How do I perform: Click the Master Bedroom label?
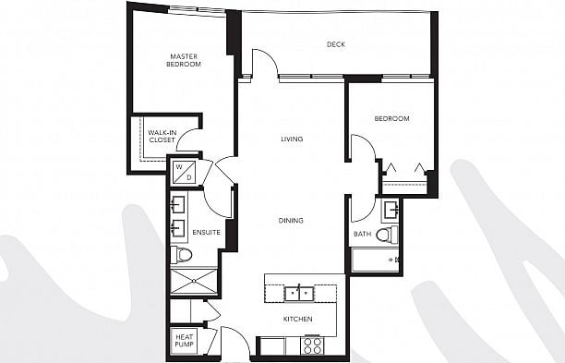pos(184,60)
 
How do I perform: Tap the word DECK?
pos(336,44)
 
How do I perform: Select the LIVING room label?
pos(292,139)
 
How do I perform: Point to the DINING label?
pos(291,220)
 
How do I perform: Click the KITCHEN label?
pos(297,319)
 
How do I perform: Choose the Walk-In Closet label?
pos(162,137)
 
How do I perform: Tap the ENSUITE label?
pos(206,233)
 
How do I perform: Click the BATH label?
pos(362,234)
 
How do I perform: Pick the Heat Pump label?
pos(184,341)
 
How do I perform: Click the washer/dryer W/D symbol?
pos(184,172)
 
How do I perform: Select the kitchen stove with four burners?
pos(312,345)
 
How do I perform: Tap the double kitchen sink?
pos(299,294)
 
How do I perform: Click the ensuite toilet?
pos(181,255)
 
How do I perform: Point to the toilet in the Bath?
pos(387,235)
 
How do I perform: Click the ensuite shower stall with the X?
pos(194,281)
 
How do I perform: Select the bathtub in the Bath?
pos(375,260)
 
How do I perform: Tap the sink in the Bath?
pos(391,210)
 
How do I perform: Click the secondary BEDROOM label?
pos(391,118)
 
